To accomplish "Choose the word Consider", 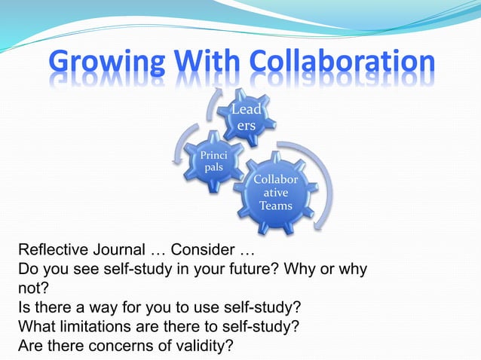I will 210,250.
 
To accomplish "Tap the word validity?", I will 201,346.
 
